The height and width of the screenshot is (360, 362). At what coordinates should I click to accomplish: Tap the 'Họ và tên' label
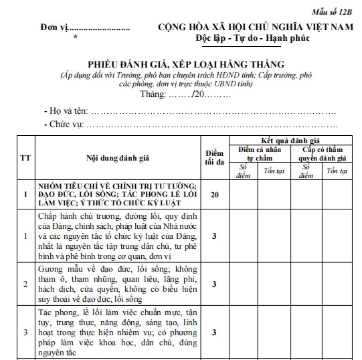coord(68,110)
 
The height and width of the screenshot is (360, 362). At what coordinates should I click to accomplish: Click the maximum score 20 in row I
coord(214,194)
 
